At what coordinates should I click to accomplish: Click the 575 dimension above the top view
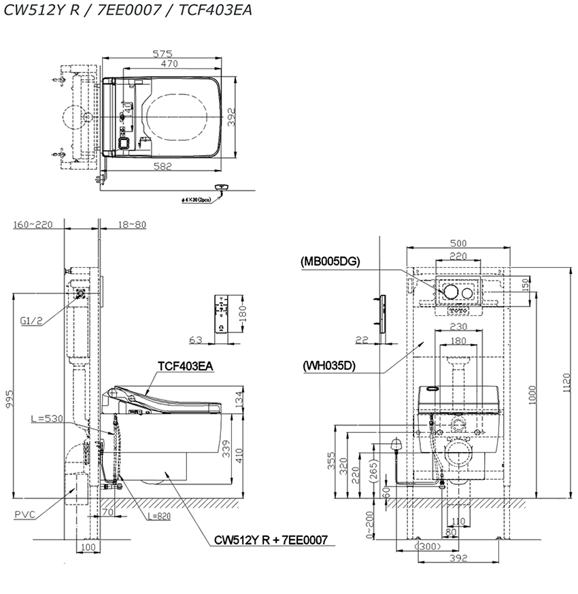[162, 53]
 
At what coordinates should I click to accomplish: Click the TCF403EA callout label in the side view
[185, 366]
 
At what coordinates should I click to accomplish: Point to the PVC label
[24, 514]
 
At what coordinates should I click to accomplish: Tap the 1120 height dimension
[569, 387]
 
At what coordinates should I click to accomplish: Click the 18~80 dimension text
[131, 225]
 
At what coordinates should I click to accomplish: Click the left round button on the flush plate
[449, 292]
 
